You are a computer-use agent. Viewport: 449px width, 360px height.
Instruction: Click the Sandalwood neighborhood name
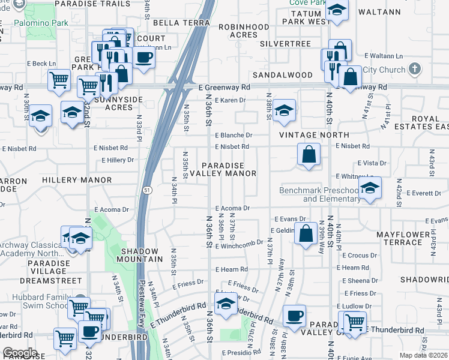tap(282, 75)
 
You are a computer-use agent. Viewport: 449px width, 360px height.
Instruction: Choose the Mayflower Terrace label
tap(399, 238)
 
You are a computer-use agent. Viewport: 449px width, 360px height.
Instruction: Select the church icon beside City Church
tap(414, 70)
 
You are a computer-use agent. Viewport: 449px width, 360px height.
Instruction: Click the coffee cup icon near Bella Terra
tap(143, 59)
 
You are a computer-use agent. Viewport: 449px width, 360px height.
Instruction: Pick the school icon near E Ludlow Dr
tap(225, 304)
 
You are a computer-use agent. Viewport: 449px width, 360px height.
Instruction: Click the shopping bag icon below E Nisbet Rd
tap(308, 155)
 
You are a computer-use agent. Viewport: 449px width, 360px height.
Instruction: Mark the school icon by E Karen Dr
tap(284, 111)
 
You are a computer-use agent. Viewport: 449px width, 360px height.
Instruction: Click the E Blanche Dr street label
tap(234, 135)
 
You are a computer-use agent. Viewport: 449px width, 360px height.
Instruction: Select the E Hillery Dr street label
tap(118, 160)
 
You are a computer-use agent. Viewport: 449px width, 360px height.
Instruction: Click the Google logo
tap(20, 353)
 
